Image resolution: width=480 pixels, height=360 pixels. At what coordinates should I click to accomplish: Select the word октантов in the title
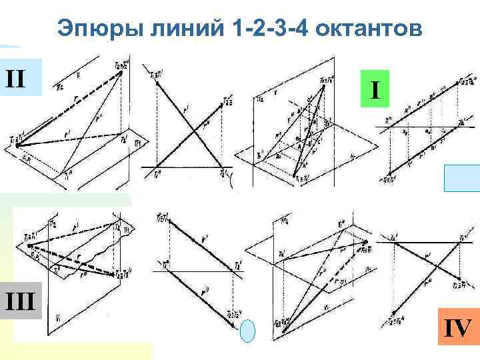[363, 29]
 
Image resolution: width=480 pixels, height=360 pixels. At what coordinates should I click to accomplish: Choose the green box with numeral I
[376, 89]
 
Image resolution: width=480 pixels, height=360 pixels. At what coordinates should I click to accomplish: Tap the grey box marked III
[21, 303]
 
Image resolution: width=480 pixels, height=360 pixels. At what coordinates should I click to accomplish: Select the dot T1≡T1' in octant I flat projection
[389, 177]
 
